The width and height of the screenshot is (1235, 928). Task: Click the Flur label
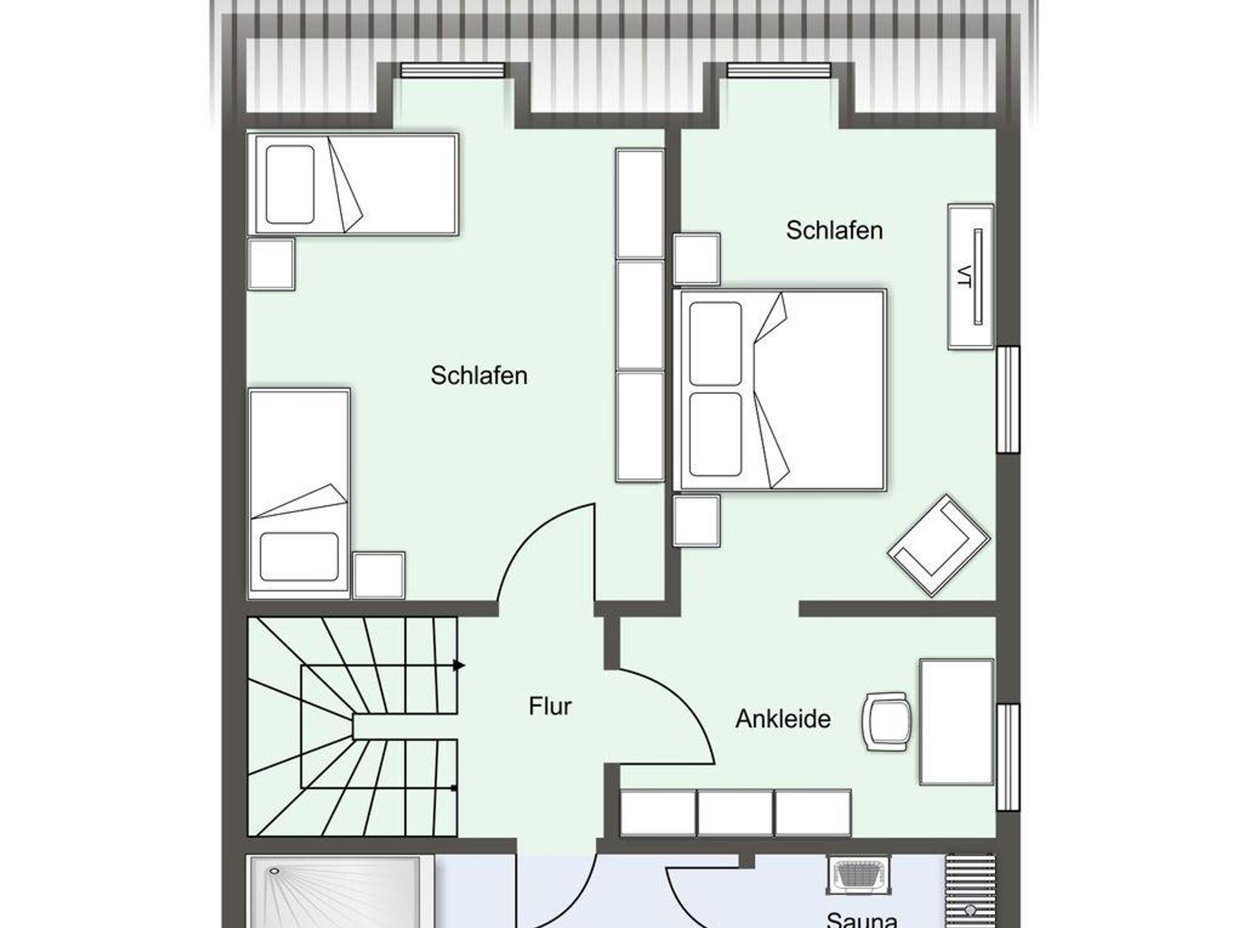pos(550,706)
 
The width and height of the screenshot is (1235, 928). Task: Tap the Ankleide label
pos(783,719)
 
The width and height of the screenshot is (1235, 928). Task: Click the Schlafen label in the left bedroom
pos(479,375)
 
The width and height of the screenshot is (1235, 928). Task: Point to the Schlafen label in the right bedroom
pos(834,230)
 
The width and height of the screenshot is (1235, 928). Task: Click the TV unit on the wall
pos(970,276)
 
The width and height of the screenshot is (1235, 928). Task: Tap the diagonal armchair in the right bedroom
pos(938,545)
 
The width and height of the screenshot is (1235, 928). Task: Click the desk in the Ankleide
pos(956,722)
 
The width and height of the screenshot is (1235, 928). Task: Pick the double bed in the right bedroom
pos(779,390)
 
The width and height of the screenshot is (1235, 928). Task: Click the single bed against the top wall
pos(353,184)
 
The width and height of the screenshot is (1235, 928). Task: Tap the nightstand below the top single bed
pos(271,264)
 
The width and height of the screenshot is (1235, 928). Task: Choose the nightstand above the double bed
pos(696,259)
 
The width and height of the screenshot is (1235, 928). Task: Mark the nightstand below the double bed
pos(696,521)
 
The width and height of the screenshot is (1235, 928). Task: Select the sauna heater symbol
pos(857,875)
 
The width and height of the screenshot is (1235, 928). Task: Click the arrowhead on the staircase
pos(460,666)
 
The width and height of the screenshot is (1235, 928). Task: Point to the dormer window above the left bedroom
pos(452,70)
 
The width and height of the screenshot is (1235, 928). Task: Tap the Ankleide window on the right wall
pos(1008,757)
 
